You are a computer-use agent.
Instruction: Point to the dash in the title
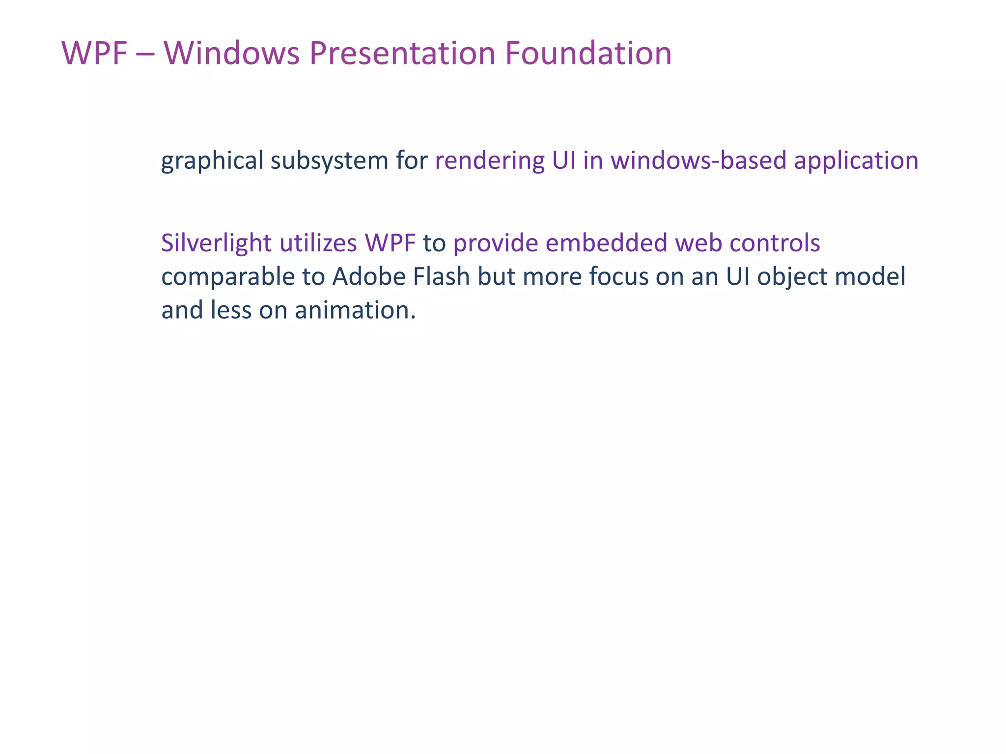click(x=145, y=54)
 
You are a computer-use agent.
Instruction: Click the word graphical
click(x=212, y=161)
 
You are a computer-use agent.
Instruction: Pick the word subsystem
click(x=329, y=161)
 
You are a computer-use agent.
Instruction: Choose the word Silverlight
click(x=216, y=243)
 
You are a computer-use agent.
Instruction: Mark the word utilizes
click(x=318, y=243)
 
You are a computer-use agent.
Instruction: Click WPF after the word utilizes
click(x=390, y=243)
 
